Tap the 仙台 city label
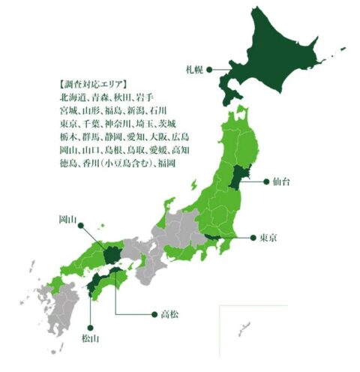point(282,182)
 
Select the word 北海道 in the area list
point(70,97)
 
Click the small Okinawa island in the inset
point(243,328)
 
